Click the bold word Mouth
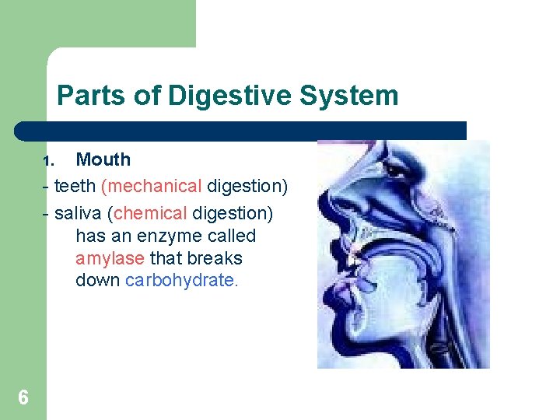[103, 159]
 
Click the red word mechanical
[152, 187]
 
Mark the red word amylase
[110, 258]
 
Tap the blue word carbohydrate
[180, 280]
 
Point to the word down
[98, 280]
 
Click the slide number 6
[23, 398]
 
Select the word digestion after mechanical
[247, 187]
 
